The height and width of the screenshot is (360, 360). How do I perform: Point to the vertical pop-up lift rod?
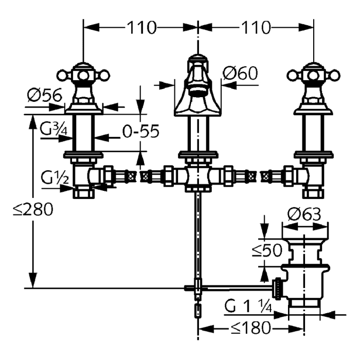tap(197, 237)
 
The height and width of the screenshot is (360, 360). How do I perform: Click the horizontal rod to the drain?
tap(237, 286)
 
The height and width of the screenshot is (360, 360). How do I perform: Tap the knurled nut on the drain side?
tap(278, 288)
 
